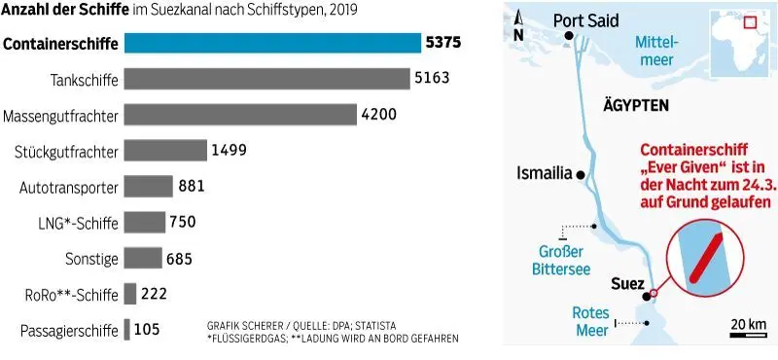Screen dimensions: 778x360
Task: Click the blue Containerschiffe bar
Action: [272, 43]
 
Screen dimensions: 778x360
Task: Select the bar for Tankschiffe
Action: [266, 79]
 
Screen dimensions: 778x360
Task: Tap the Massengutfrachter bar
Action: [240, 114]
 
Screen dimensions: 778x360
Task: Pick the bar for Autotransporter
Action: [149, 186]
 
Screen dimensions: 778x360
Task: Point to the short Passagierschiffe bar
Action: [127, 329]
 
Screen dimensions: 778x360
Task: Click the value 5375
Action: [443, 43]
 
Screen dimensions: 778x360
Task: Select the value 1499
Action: [229, 150]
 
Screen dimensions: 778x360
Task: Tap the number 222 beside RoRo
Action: [154, 294]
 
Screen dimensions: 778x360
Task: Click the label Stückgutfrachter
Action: [67, 152]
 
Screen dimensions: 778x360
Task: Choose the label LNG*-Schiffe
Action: [78, 223]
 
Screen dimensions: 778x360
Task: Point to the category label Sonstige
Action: [91, 259]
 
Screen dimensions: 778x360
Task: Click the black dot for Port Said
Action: [569, 35]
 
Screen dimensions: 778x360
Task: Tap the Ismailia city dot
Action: [581, 174]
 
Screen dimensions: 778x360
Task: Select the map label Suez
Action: [627, 284]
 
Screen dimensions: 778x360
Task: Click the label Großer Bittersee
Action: [561, 261]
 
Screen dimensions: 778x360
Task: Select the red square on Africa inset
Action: [749, 22]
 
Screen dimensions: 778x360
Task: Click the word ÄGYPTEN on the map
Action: [636, 105]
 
